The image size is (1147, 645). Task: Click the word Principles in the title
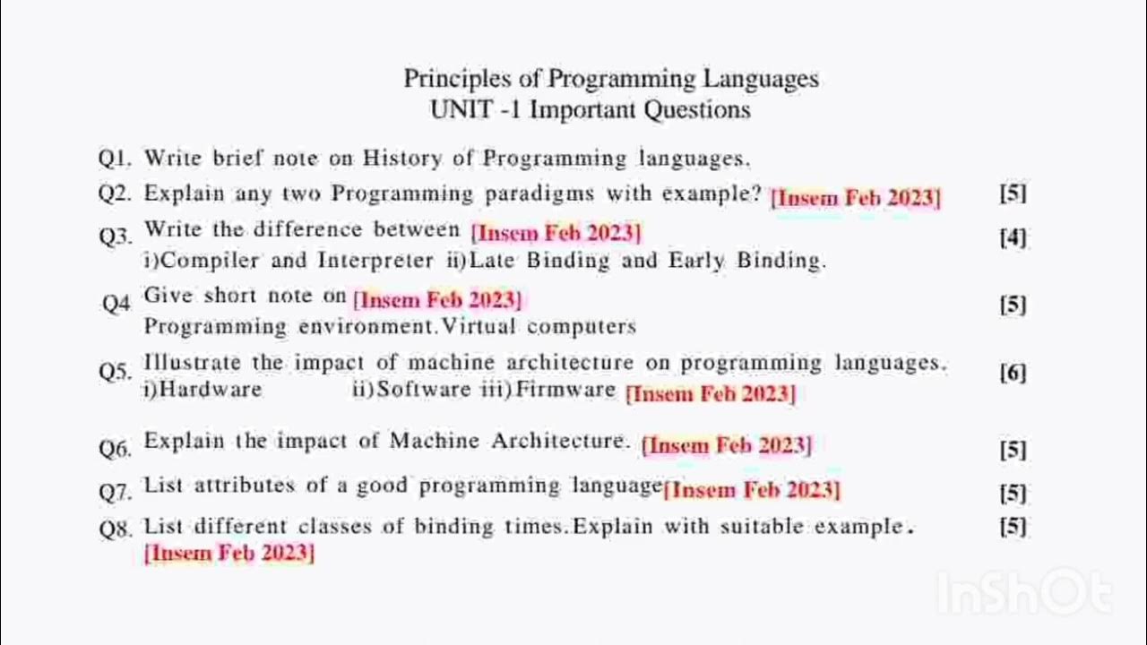tap(445, 80)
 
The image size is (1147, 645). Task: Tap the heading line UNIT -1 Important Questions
tap(590, 110)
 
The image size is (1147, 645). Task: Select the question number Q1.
tap(115, 159)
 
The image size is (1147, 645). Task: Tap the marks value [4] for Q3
tap(1013, 238)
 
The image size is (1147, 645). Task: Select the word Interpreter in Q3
tap(375, 261)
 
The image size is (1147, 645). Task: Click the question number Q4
tap(116, 303)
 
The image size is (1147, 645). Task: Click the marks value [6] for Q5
tap(1013, 374)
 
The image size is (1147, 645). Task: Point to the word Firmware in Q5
tap(565, 389)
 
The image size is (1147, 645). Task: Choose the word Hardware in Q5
tap(203, 389)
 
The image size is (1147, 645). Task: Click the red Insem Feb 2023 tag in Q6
tap(727, 445)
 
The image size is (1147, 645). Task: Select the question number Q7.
tap(115, 491)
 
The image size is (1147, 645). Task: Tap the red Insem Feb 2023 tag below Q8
tap(229, 553)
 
